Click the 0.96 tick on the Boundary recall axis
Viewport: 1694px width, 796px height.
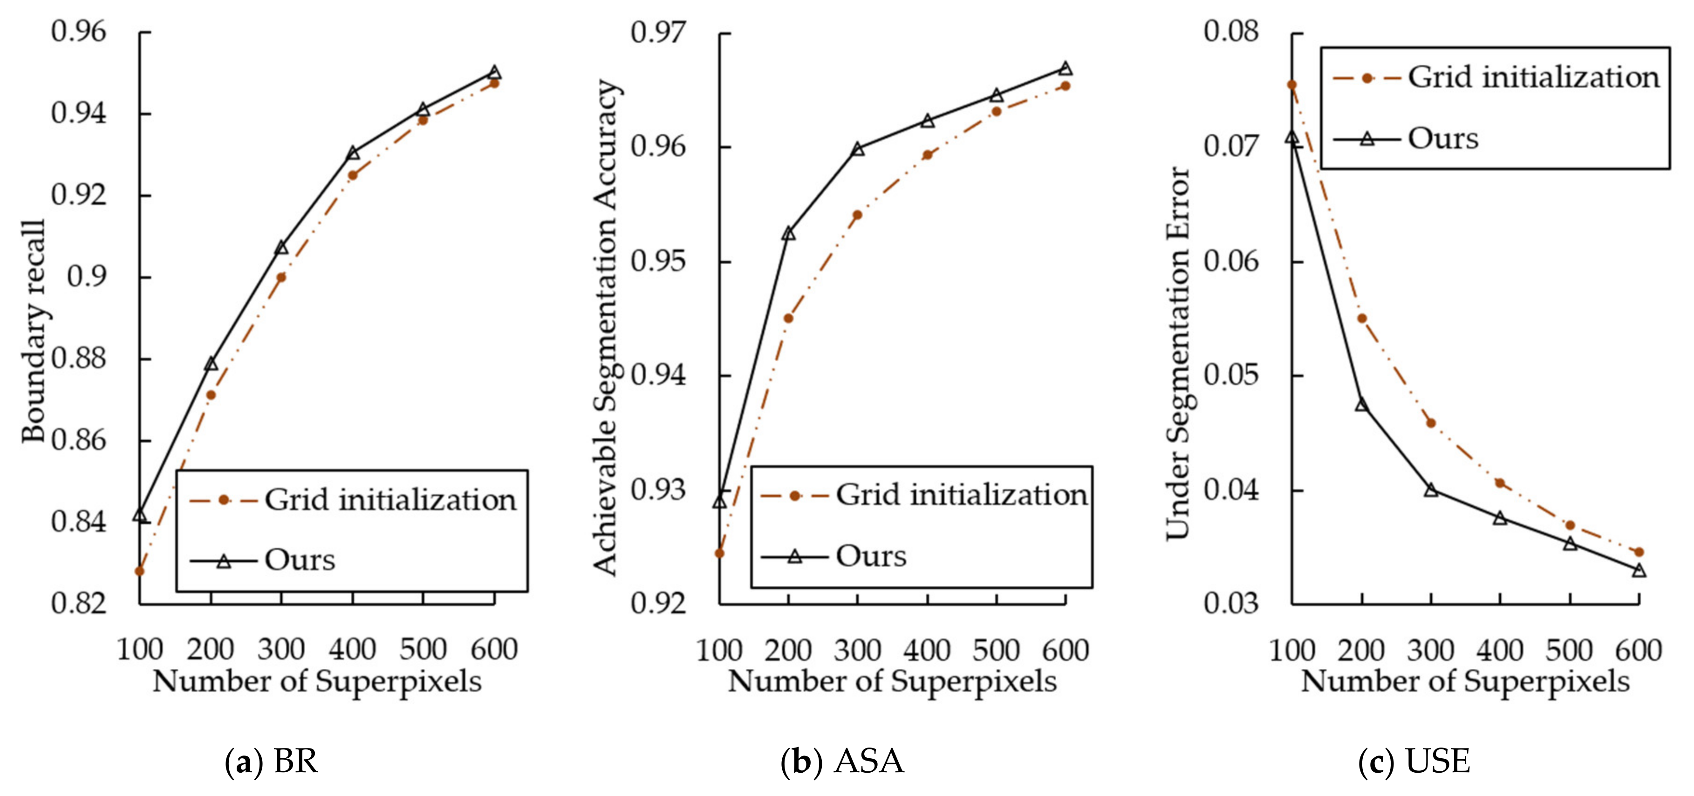click(78, 32)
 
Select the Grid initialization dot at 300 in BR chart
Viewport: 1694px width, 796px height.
click(281, 277)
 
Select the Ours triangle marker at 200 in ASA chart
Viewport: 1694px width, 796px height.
click(788, 233)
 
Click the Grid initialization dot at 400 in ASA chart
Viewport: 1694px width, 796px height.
click(927, 155)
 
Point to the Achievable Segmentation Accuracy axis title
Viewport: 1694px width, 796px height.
click(605, 327)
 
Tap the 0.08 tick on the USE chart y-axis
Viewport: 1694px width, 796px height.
click(1231, 32)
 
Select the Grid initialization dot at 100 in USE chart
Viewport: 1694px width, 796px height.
click(1291, 85)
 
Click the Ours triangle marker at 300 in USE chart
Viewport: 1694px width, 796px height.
click(1431, 490)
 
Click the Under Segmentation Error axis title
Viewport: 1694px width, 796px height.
click(1177, 353)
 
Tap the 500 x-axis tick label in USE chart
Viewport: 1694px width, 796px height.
click(1569, 651)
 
